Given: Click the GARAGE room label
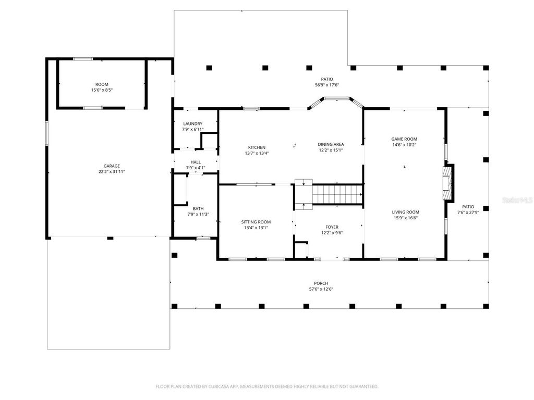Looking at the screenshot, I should (112, 166).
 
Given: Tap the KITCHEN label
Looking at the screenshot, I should (256, 147).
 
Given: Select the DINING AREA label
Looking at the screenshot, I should (331, 144).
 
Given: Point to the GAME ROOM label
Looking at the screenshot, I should (404, 139).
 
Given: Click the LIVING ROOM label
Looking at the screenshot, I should (405, 212).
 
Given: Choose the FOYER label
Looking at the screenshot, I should (332, 227).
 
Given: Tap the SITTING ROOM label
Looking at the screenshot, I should (256, 222).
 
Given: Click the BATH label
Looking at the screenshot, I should (198, 208).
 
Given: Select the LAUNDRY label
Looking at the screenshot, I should (192, 124).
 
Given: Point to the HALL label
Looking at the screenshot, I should (196, 162).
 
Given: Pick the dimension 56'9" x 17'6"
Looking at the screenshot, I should (327, 85).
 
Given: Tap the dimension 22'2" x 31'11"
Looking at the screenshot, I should (112, 172).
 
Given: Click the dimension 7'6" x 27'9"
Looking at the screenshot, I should (468, 212).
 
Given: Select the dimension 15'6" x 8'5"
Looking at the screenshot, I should (102, 90).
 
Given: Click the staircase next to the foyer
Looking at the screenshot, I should (336, 194).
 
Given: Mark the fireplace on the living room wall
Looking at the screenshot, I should (447, 183).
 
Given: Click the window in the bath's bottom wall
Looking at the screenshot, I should (203, 238).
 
